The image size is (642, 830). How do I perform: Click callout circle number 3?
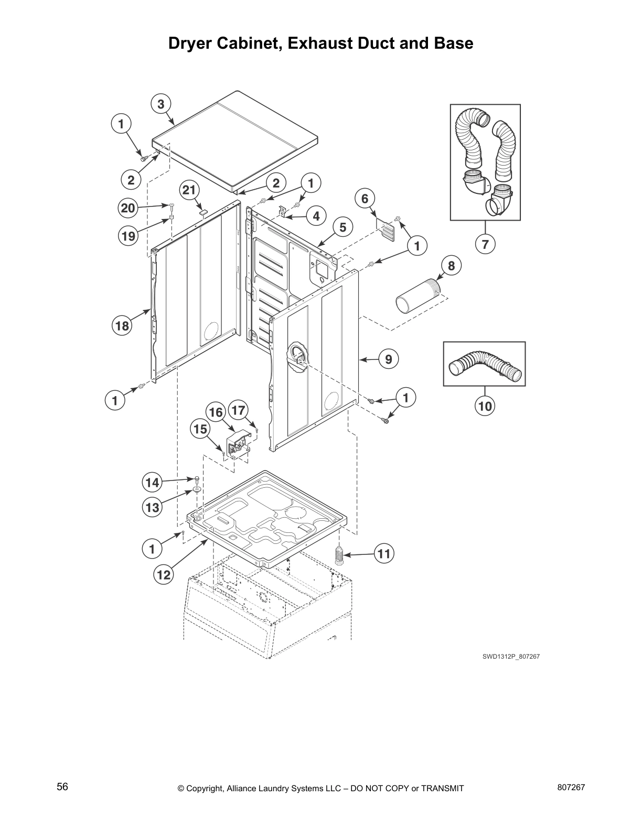point(161,104)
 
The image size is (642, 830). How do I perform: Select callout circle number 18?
point(122,326)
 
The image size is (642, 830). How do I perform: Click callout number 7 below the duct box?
point(485,244)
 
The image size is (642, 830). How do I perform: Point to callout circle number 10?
point(485,406)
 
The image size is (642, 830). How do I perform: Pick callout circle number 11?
point(384,554)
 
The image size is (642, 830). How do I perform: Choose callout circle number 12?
point(164,575)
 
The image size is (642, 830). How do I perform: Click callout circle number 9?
point(388,359)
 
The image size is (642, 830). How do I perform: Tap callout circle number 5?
point(343,227)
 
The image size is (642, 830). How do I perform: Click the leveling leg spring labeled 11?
point(339,554)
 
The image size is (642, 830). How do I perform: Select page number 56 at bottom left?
point(62,787)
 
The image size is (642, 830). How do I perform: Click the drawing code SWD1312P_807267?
point(511,656)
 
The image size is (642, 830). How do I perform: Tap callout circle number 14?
point(153,482)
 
